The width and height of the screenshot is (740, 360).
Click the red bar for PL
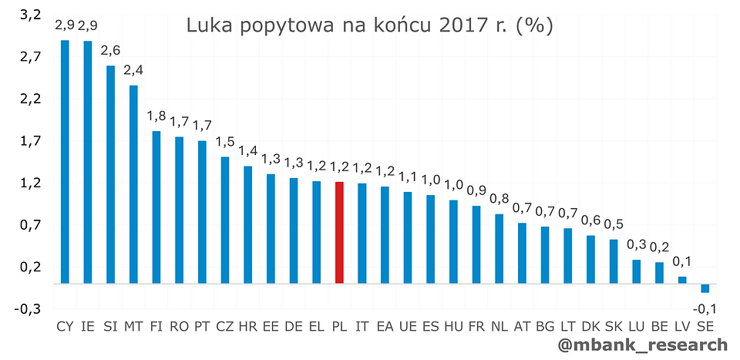(339, 232)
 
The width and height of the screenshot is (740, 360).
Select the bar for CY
(65, 162)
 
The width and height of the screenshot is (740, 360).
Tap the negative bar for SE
(705, 288)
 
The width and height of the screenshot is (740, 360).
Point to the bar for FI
(156, 207)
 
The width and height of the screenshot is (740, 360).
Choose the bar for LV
(682, 280)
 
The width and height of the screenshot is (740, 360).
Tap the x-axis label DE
(294, 327)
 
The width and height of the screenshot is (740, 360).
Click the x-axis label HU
(453, 327)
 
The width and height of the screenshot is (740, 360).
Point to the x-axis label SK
(614, 327)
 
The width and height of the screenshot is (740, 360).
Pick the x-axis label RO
(180, 327)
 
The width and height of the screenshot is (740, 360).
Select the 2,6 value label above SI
(110, 51)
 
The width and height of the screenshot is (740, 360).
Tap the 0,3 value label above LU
(637, 245)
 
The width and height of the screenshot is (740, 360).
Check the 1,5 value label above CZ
(225, 143)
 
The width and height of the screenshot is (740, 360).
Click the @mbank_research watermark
(643, 345)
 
